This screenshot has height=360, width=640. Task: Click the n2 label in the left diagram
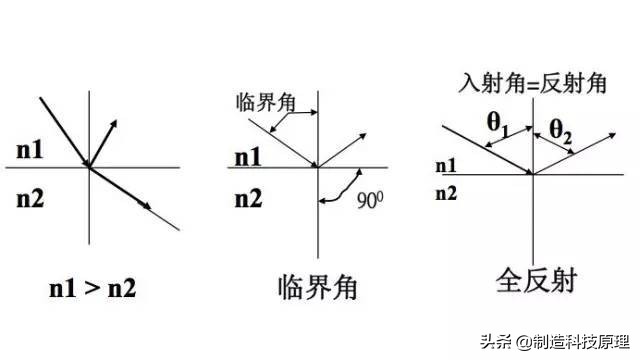(30, 199)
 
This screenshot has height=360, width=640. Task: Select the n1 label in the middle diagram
(248, 157)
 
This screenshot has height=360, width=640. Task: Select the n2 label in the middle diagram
(248, 199)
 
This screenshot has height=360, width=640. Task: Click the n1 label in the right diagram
(446, 165)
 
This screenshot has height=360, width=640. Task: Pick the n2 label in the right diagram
(446, 190)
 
